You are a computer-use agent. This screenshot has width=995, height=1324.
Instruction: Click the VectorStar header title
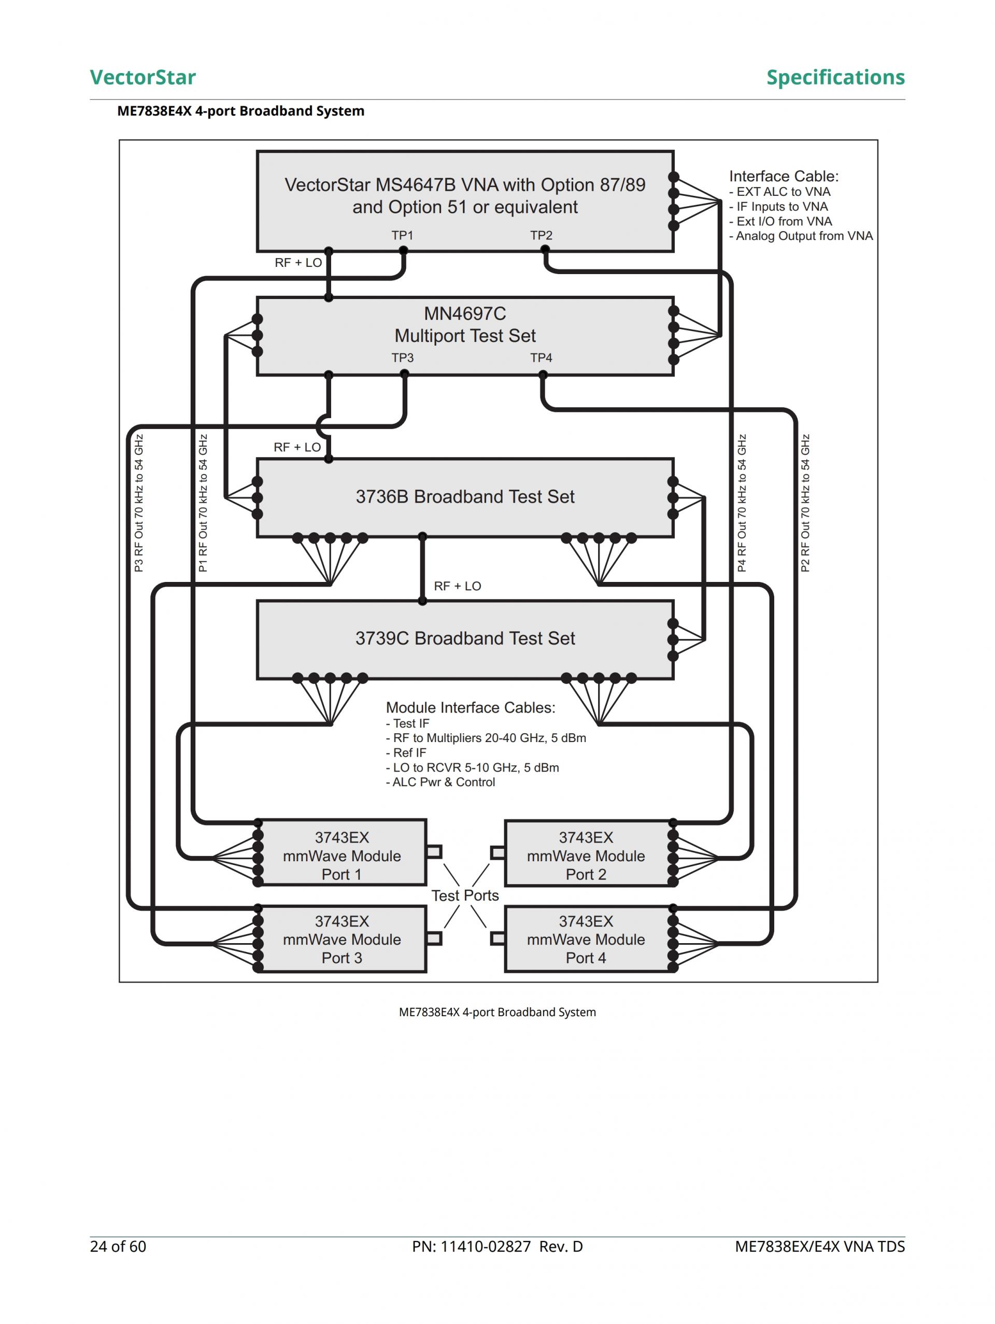[x=143, y=77]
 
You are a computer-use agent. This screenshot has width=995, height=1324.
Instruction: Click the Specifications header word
[x=835, y=77]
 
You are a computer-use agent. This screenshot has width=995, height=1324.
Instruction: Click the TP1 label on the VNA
[x=402, y=235]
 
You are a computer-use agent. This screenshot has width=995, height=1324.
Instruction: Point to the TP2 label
[x=541, y=235]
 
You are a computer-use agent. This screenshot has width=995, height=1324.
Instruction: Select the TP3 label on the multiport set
[x=402, y=358]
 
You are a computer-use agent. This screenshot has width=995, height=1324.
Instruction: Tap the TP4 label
[x=541, y=358]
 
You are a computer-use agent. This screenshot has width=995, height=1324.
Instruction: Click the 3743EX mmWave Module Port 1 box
[x=342, y=856]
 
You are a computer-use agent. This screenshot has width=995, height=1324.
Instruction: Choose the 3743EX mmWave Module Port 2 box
[x=586, y=856]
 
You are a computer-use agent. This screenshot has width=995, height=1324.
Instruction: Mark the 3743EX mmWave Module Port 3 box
[x=342, y=939]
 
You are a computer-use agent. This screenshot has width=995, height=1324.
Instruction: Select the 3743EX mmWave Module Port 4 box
[x=586, y=939]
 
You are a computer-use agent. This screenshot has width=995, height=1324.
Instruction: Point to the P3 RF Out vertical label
[x=139, y=503]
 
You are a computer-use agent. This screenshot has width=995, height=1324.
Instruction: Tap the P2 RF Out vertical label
[x=805, y=503]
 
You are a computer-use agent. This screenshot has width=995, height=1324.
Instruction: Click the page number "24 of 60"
[x=118, y=1246]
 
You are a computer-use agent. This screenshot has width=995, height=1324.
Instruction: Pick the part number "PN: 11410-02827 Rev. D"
[x=497, y=1246]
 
